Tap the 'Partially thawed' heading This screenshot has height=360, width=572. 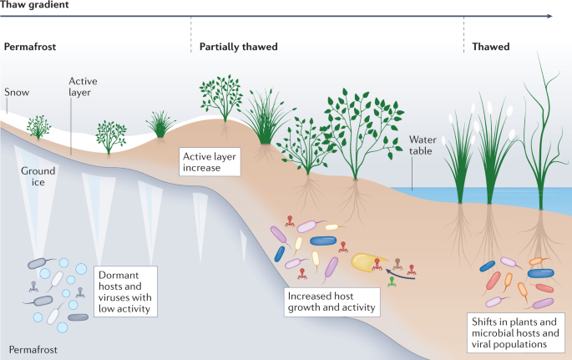[x=238, y=47]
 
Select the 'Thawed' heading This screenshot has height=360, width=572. [x=490, y=47]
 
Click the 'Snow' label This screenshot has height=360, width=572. [x=16, y=92]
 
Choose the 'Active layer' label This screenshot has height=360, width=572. [x=84, y=86]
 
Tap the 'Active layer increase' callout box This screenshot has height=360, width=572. [x=210, y=161]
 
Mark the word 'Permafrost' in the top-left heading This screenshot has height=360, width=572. [x=29, y=47]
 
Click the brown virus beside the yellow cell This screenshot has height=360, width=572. [x=398, y=263]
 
